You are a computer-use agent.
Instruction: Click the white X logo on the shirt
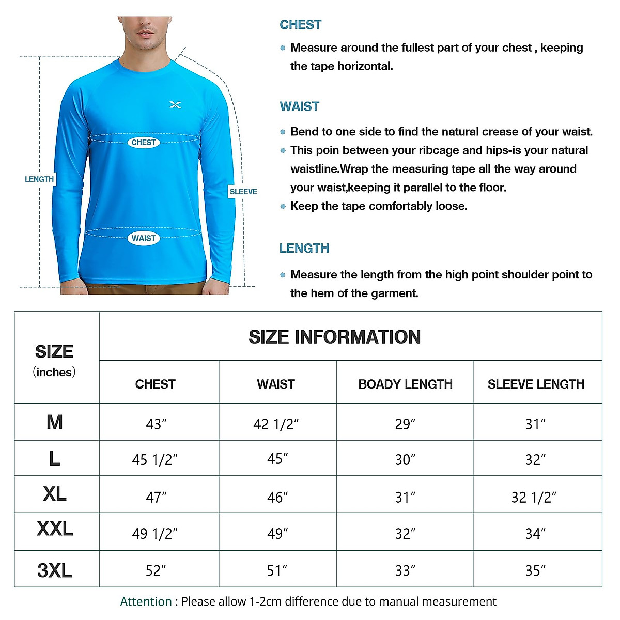tap(175, 105)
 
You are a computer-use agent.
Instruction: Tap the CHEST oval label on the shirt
tap(143, 142)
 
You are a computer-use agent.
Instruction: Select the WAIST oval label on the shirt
tap(143, 238)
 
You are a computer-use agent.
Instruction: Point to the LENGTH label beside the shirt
tap(39, 179)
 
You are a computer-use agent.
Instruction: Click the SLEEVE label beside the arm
tap(243, 191)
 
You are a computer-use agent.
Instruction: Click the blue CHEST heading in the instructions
tap(300, 25)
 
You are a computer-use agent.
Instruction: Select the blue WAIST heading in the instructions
tap(299, 106)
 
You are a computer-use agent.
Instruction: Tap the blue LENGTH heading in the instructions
tap(304, 249)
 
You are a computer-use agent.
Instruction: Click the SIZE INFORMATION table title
tap(334, 337)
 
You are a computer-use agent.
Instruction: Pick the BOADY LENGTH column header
tap(405, 384)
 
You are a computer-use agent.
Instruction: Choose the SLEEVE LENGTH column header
tap(536, 384)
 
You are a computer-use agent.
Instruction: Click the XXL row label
tap(55, 529)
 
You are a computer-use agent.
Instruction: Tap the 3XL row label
tap(54, 570)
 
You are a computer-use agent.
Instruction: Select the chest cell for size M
tap(156, 424)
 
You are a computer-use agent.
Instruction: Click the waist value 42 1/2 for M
tap(276, 424)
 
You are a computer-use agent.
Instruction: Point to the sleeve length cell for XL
tap(534, 497)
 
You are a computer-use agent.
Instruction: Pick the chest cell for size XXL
tap(154, 533)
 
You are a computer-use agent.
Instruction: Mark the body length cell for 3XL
tap(405, 570)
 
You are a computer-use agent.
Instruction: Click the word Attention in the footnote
tap(146, 601)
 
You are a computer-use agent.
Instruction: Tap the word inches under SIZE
tap(54, 372)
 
